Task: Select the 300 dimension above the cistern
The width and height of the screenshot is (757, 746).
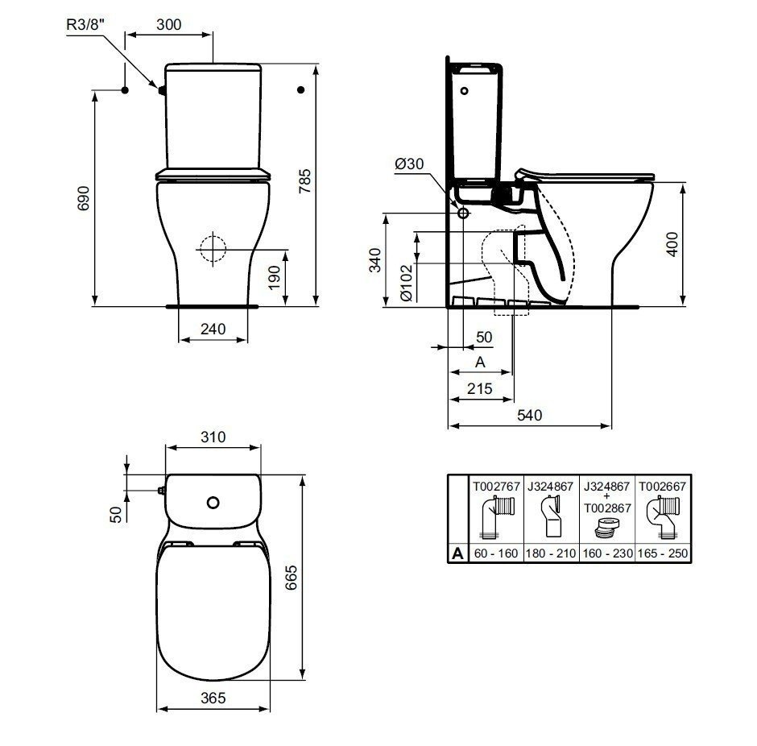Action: (x=168, y=24)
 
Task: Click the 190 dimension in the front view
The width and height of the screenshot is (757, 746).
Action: (x=275, y=276)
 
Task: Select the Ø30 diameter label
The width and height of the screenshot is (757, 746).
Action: (x=408, y=164)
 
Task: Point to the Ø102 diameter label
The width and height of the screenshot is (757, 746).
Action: (x=406, y=283)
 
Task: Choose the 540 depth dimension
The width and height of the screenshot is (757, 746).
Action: (x=529, y=415)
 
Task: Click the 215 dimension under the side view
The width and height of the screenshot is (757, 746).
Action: (x=480, y=388)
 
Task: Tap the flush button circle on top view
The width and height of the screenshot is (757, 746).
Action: (x=213, y=503)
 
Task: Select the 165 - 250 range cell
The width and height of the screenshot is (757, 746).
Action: (x=663, y=554)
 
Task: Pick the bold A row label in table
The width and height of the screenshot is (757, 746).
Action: (x=457, y=553)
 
